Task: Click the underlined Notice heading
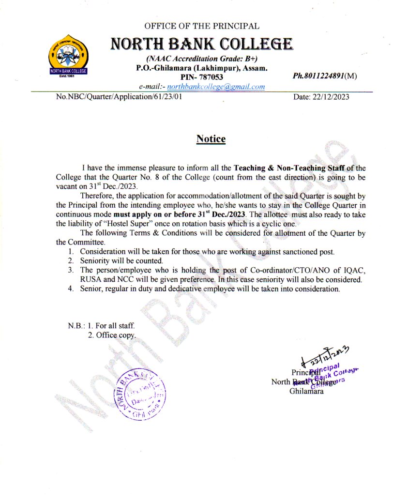point(211,139)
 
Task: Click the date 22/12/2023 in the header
point(321,97)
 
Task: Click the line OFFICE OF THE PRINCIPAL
point(201,26)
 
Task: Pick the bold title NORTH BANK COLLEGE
point(201,45)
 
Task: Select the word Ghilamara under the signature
point(307,391)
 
